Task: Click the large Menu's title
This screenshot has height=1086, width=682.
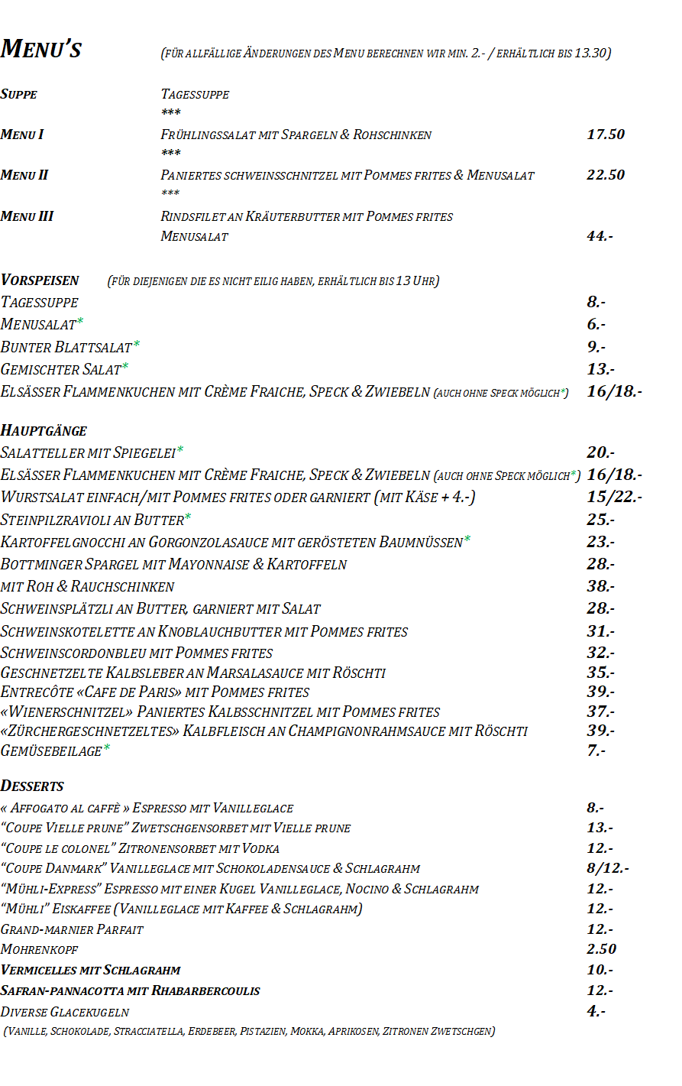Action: pyautogui.click(x=41, y=49)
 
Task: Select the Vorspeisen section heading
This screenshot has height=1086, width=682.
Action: pyautogui.click(x=40, y=280)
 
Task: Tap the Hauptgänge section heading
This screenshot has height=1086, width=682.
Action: pyautogui.click(x=44, y=430)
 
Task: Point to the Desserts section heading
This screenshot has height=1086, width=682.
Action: pyautogui.click(x=32, y=786)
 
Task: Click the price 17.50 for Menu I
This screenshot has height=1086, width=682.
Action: pyautogui.click(x=605, y=135)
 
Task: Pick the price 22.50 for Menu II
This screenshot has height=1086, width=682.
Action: pyautogui.click(x=605, y=175)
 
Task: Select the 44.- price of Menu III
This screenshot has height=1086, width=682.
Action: pyautogui.click(x=600, y=236)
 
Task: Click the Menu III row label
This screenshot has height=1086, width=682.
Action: pyautogui.click(x=27, y=216)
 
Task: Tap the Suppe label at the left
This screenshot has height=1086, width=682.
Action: pyautogui.click(x=19, y=94)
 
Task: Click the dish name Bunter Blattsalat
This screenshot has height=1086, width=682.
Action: pyautogui.click(x=66, y=347)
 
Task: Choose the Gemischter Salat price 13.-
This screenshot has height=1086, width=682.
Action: pyautogui.click(x=600, y=369)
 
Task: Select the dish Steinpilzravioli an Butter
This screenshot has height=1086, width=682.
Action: pyautogui.click(x=92, y=520)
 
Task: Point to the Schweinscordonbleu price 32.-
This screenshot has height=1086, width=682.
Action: pyautogui.click(x=600, y=653)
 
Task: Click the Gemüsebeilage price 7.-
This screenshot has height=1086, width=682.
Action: pyautogui.click(x=596, y=750)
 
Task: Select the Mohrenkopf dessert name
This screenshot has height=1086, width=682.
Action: pyautogui.click(x=40, y=949)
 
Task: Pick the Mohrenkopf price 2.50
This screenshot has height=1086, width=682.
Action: pyautogui.click(x=601, y=949)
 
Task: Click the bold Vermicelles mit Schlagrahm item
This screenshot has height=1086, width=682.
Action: pyautogui.click(x=91, y=970)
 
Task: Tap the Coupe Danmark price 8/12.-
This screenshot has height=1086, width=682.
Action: pyautogui.click(x=607, y=868)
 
